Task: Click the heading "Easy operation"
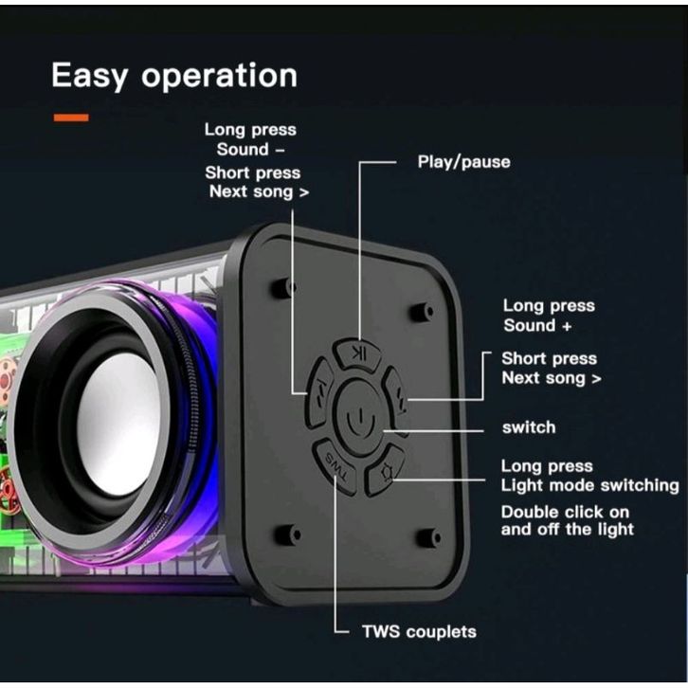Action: pyautogui.click(x=173, y=75)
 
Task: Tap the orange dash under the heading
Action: pyautogui.click(x=71, y=118)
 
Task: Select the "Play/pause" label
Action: pyautogui.click(x=463, y=162)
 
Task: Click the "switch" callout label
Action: pyautogui.click(x=528, y=427)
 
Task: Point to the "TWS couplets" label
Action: pyautogui.click(x=418, y=631)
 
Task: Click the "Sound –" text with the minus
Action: pyautogui.click(x=251, y=150)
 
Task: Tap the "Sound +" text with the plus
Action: pyautogui.click(x=542, y=325)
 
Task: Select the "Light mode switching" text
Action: pyautogui.click(x=589, y=485)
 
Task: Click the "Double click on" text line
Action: pyautogui.click(x=565, y=512)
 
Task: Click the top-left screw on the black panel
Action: pyautogui.click(x=281, y=288)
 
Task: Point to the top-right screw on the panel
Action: pyautogui.click(x=425, y=311)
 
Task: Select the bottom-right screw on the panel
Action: pyautogui.click(x=428, y=537)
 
